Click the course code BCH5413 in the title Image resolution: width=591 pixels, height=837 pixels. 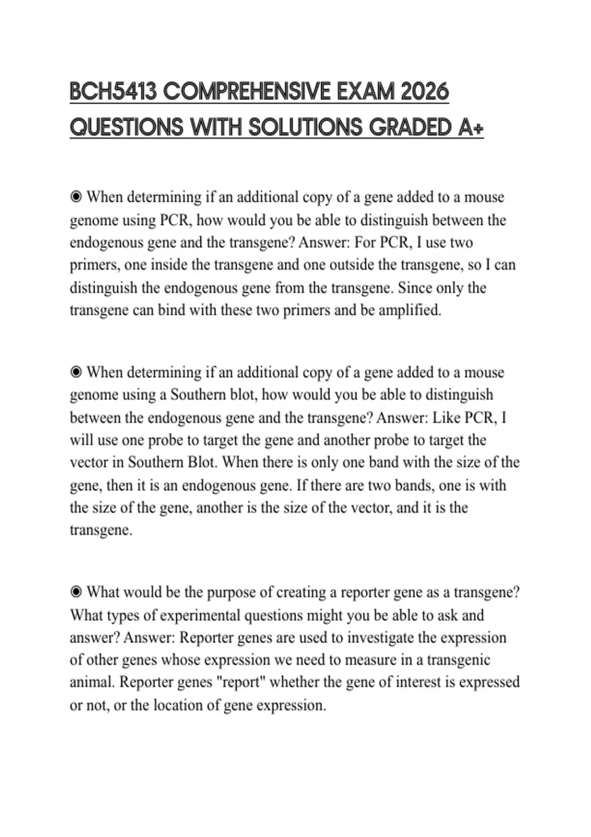click(112, 92)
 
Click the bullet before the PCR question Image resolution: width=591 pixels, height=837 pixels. click(76, 197)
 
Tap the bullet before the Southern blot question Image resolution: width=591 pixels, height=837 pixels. click(76, 372)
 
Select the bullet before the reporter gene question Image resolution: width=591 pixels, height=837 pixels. click(76, 592)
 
